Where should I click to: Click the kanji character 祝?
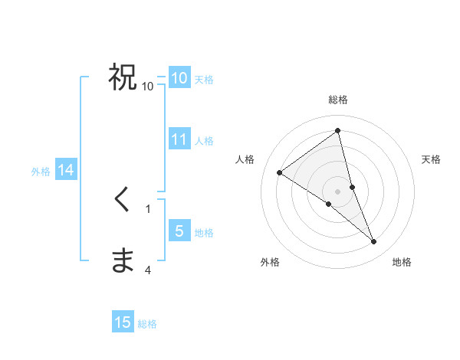(123, 77)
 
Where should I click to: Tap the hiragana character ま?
(123, 260)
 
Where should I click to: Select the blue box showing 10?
(179, 78)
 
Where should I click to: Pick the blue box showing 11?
(179, 139)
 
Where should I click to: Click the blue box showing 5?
(179, 231)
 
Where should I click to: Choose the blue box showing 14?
(66, 171)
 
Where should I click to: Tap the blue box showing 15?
(123, 322)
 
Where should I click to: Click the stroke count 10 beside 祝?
(148, 87)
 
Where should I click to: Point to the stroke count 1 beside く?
(148, 208)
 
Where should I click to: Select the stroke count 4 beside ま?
(148, 270)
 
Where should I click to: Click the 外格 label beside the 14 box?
(41, 172)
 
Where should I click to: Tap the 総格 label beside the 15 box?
(147, 324)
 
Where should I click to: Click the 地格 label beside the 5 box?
(204, 233)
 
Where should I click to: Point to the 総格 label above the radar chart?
(338, 100)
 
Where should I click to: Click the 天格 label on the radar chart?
(432, 159)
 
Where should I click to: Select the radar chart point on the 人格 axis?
(280, 172)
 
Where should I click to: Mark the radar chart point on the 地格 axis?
(374, 242)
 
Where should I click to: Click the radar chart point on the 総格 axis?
(338, 131)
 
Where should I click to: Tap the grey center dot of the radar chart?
(338, 191)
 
